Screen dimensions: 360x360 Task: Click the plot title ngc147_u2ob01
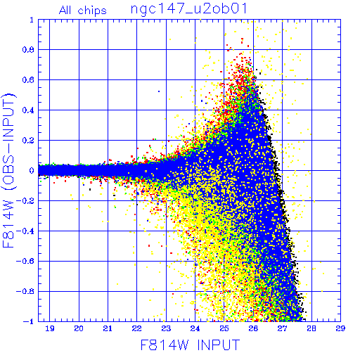pyautogui.click(x=189, y=10)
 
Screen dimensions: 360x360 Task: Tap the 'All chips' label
pyautogui.click(x=83, y=11)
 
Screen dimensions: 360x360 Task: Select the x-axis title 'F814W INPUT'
pyautogui.click(x=191, y=345)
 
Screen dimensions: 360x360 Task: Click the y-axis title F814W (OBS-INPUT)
pyautogui.click(x=8, y=171)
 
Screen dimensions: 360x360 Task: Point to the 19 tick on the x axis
pyautogui.click(x=50, y=328)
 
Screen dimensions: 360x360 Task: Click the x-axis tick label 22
pyautogui.click(x=137, y=328)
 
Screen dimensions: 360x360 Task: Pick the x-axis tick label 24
pyautogui.click(x=195, y=328)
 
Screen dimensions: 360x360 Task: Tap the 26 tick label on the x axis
pyautogui.click(x=253, y=328)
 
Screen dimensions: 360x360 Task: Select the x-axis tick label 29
pyautogui.click(x=340, y=328)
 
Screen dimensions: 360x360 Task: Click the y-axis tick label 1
pyautogui.click(x=32, y=20)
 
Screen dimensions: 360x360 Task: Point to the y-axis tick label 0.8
pyautogui.click(x=28, y=50)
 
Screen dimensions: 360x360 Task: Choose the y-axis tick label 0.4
pyautogui.click(x=28, y=110)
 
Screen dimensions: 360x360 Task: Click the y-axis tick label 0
pyautogui.click(x=32, y=171)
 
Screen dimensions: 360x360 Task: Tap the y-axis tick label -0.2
pyautogui.click(x=25, y=201)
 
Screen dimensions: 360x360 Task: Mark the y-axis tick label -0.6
pyautogui.click(x=25, y=261)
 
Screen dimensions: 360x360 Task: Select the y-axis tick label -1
pyautogui.click(x=28, y=321)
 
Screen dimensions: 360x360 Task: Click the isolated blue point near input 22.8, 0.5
pyautogui.click(x=159, y=91)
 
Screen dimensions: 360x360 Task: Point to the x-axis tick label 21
pyautogui.click(x=108, y=328)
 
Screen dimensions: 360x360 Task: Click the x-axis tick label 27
pyautogui.click(x=282, y=328)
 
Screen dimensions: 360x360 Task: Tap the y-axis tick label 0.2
pyautogui.click(x=28, y=141)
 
